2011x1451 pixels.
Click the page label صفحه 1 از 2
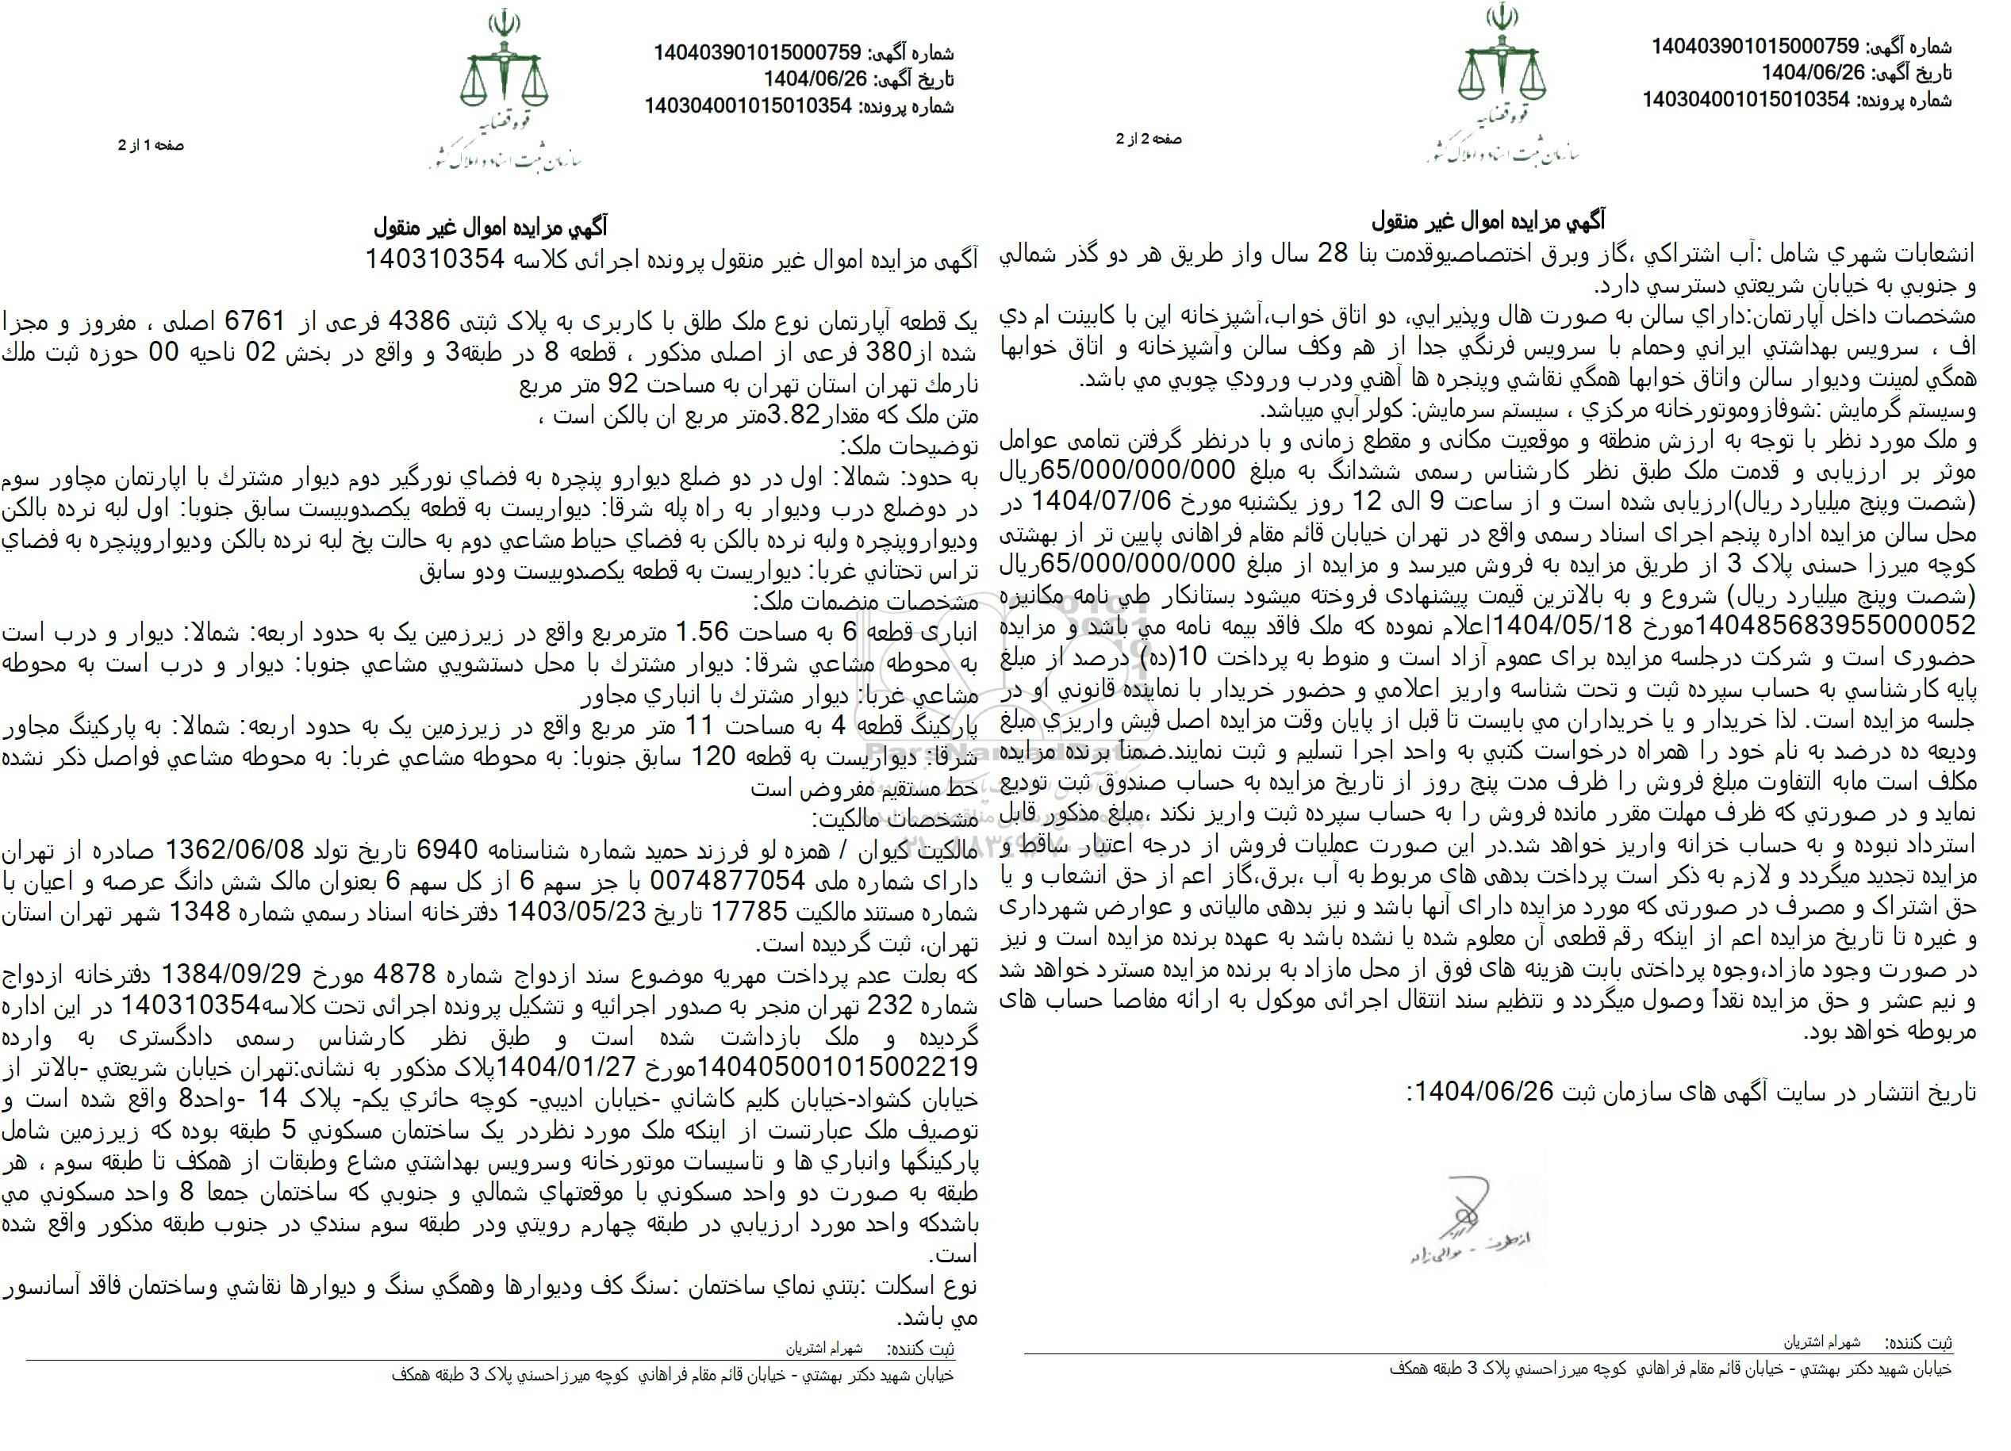click(x=152, y=144)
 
